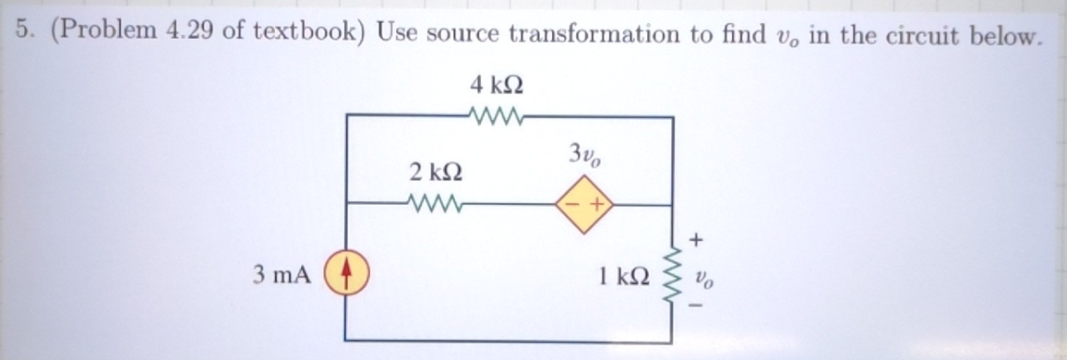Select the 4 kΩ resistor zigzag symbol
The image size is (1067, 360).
[498, 117]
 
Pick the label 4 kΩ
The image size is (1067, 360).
[498, 86]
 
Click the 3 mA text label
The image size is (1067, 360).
[282, 274]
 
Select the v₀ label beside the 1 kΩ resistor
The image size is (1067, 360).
[703, 274]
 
